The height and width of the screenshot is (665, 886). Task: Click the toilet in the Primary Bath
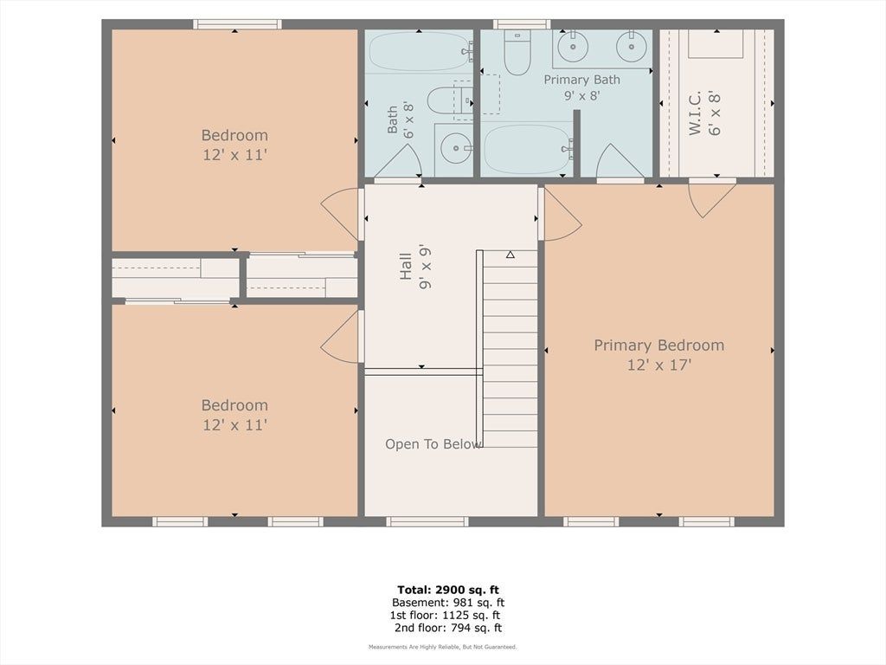[517, 53]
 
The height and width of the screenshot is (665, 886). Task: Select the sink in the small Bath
[453, 149]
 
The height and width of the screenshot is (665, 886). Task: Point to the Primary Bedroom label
[658, 345]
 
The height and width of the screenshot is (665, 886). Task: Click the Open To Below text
[433, 444]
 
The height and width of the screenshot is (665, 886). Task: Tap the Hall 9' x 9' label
[415, 267]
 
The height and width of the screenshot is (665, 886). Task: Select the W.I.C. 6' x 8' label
[704, 113]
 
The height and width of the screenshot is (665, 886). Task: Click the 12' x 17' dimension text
[658, 365]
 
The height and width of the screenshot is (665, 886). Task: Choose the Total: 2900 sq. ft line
[448, 591]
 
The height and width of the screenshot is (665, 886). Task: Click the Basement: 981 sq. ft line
[448, 603]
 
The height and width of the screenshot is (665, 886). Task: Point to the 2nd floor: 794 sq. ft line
[448, 628]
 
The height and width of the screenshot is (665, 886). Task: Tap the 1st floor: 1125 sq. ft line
[446, 616]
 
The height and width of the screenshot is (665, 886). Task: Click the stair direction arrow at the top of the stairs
[510, 255]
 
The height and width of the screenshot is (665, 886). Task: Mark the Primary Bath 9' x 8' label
[582, 87]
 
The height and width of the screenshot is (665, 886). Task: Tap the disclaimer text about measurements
[442, 647]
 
